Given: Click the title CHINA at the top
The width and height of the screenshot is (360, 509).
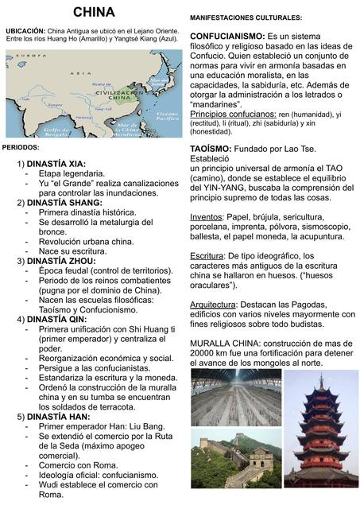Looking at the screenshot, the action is click(x=94, y=12).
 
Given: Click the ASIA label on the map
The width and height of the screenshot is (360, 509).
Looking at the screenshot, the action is click(x=77, y=72).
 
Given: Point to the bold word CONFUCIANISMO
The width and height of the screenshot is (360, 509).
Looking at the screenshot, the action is click(x=227, y=37).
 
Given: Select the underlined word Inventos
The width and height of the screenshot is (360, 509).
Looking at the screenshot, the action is click(x=207, y=216).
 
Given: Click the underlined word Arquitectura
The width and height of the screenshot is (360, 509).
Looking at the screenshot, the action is click(x=214, y=305).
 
